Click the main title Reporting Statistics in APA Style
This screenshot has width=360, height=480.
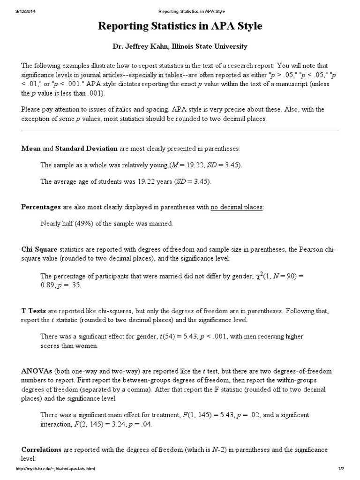(180, 27)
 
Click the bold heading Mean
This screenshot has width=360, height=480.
(31, 149)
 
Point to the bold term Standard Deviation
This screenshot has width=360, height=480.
(86, 149)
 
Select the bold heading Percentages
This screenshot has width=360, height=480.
(41, 207)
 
